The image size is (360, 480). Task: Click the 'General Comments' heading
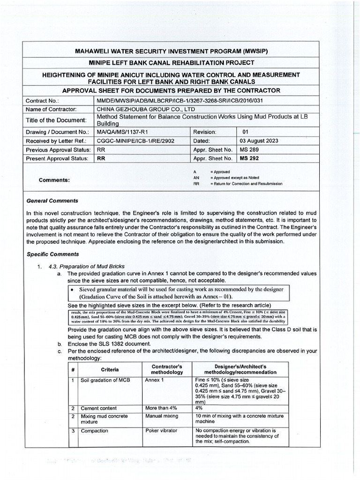point(52,201)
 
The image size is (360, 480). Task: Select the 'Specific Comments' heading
point(53,254)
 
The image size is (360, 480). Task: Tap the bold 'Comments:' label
point(54,180)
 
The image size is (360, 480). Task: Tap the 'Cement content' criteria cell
point(99,408)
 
